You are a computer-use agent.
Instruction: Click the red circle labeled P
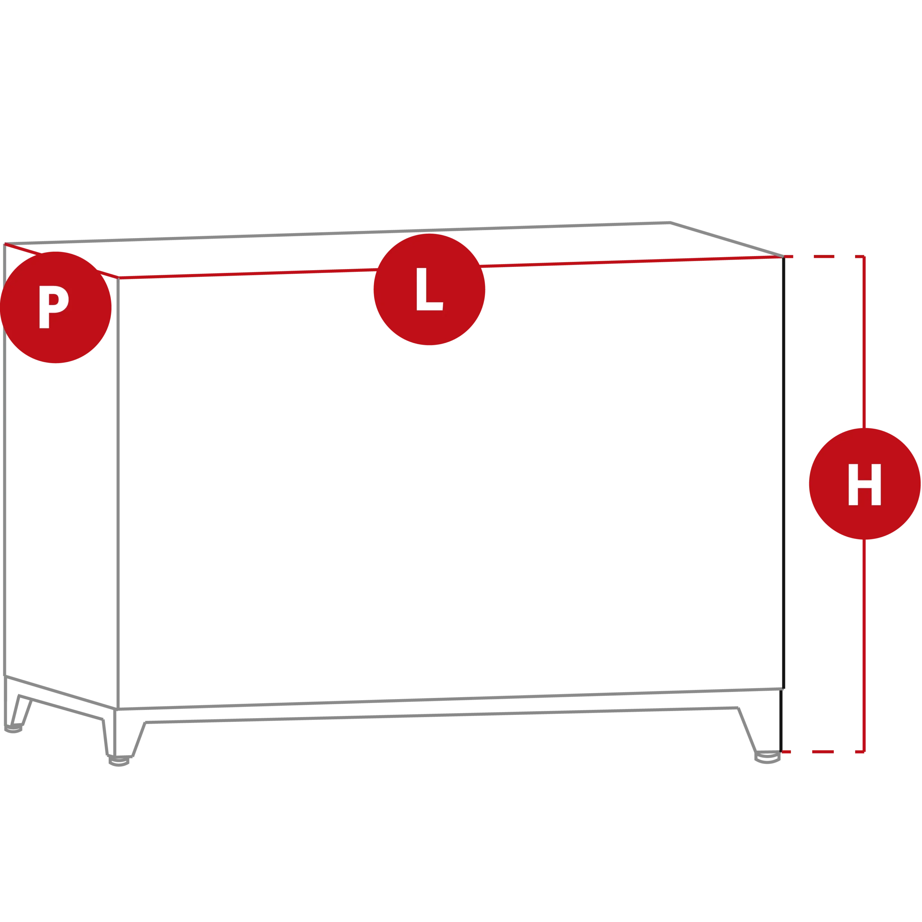55,307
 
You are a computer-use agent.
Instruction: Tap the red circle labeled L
430,289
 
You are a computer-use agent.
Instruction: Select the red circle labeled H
865,484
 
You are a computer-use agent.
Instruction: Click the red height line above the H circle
864,343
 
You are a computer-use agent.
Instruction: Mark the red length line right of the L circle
631,261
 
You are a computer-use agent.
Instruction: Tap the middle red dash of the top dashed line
824,256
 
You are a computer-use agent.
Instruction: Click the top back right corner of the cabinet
671,222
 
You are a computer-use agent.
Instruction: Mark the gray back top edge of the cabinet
337,233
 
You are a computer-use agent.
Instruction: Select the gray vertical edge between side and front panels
118,493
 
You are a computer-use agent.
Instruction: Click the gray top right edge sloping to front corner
727,240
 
